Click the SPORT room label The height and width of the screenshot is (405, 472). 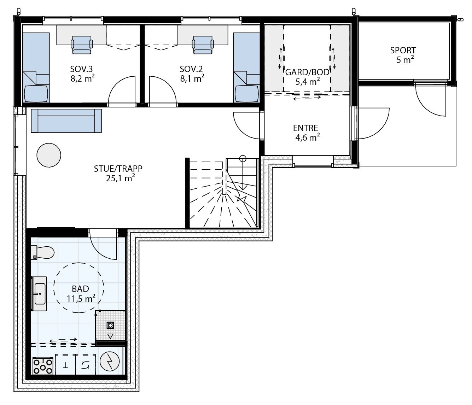coord(403,51)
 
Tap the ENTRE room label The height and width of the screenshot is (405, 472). coord(305,128)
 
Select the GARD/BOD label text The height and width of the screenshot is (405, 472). coord(307,72)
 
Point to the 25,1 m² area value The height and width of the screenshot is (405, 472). coord(120,178)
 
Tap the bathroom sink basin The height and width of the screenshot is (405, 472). coord(39,293)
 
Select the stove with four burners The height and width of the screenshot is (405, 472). coord(43,366)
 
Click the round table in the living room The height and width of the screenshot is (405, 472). coord(49,155)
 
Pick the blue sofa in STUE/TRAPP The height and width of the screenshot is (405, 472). coord(66,121)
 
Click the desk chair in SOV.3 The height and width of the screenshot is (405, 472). coord(82,45)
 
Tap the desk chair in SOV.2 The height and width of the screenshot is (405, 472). coord(203,45)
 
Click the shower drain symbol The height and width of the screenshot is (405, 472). coord(110,325)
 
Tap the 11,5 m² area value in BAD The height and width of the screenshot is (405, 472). coord(81,299)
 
